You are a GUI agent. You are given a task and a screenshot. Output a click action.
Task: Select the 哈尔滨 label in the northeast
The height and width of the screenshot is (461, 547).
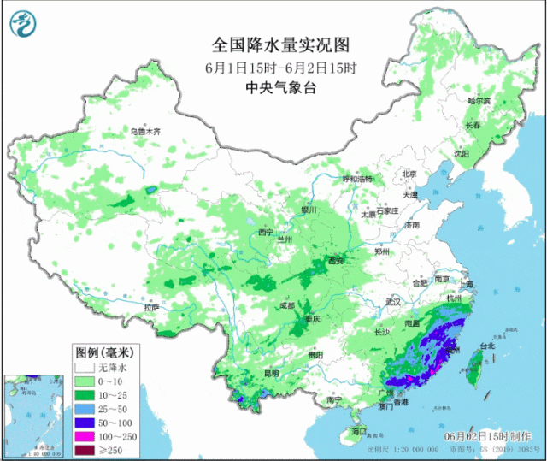click(x=479, y=101)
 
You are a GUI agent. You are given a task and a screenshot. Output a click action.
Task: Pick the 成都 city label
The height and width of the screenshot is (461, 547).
click(x=285, y=304)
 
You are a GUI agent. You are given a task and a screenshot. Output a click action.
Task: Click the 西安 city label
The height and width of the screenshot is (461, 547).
click(x=335, y=261)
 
